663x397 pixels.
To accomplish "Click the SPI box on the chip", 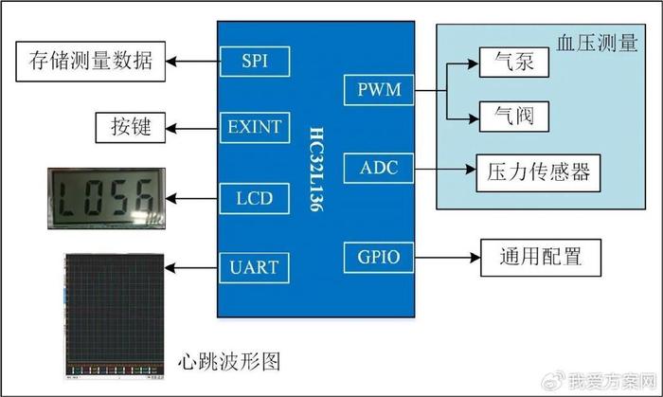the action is pos(255,62).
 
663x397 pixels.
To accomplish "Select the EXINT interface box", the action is pos(255,127).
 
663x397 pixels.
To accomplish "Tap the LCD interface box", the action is pos(255,198).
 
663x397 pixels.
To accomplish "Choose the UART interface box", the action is pos(255,267).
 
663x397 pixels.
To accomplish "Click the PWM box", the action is pos(379,90).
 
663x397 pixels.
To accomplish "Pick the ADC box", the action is pos(379,168).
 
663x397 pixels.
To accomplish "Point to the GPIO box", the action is pos(379,258).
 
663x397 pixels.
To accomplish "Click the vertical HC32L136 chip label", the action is pos(316,169).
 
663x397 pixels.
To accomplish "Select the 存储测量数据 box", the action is pos(91,62).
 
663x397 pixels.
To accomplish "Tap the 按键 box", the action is pos(131,127).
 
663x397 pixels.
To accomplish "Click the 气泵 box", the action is pos(514,63).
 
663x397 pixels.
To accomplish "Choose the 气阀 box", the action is pos(514,117).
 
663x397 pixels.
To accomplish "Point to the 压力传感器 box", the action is pos(538,172).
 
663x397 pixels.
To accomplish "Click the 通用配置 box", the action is pos(541,258).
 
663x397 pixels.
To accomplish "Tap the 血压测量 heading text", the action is pos(597,44).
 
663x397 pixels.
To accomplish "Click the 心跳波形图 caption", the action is pos(229,362).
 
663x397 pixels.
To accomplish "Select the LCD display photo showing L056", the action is pos(106,198).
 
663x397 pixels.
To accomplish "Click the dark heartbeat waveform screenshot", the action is pos(115,316).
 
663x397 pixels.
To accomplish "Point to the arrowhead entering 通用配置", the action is pos(475,258).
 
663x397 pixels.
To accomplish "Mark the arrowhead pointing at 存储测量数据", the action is pos(170,62).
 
